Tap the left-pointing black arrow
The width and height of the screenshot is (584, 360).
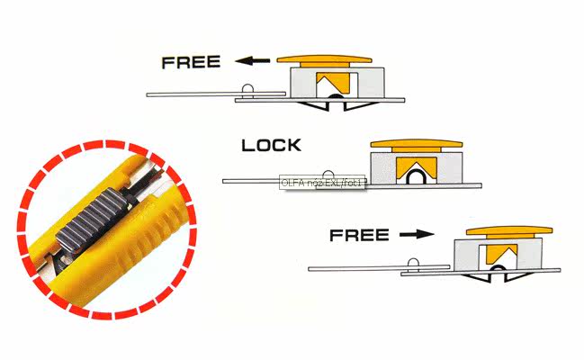tap(253, 61)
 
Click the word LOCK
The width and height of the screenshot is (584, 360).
tap(272, 145)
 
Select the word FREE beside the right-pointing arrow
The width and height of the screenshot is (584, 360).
tap(358, 236)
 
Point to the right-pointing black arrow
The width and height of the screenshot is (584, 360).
tap(415, 235)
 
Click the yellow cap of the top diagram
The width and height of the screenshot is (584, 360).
tap(325, 59)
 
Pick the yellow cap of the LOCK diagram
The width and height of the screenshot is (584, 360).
tap(416, 143)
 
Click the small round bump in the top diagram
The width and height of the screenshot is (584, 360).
tap(248, 88)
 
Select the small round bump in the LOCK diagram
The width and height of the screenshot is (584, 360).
tap(329, 175)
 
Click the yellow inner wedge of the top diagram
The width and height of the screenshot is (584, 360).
tap(330, 82)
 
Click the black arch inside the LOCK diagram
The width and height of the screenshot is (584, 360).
tap(418, 177)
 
